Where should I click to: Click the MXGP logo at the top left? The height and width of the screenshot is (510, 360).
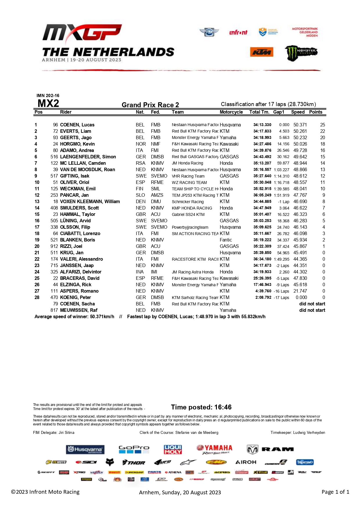82,33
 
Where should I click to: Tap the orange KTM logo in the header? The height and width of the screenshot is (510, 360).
262,52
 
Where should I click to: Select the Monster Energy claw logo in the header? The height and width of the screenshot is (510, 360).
301,53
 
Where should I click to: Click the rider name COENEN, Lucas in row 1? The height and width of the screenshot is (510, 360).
77,125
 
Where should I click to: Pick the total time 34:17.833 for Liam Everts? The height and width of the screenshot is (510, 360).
262,131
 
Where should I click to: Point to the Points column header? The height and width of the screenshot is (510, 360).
316,112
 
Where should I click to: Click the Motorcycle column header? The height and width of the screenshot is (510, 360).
231,112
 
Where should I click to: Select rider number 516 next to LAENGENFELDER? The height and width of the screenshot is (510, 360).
54,157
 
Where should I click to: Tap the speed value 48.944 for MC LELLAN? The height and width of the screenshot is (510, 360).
300,163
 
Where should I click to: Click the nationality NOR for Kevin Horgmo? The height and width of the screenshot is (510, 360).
141,144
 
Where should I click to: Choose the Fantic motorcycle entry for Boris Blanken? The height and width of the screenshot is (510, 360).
226,240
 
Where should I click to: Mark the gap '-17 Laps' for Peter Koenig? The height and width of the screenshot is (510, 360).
281,297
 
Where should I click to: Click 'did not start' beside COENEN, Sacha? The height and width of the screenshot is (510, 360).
312,304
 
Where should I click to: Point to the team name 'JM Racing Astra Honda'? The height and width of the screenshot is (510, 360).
192,272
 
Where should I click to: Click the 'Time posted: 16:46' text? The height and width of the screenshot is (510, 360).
201,407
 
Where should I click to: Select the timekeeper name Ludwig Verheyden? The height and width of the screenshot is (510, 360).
309,432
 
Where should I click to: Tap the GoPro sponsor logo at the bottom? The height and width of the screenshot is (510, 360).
134,449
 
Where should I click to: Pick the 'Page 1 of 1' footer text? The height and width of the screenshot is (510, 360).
335,492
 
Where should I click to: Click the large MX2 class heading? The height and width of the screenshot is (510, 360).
48,103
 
